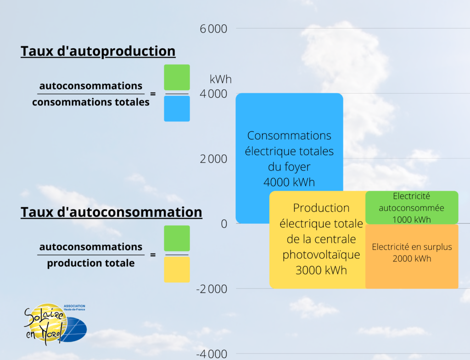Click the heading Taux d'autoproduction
(98, 51)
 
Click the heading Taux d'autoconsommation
(111, 212)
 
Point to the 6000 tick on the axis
(214, 29)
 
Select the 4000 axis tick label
(214, 94)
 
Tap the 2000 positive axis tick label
(214, 159)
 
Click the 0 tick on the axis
(224, 224)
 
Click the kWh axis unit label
(221, 79)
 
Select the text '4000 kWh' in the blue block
(289, 182)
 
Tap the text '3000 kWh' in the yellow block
(321, 270)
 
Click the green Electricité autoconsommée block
(412, 207)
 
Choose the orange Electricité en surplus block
(412, 256)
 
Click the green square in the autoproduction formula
(177, 78)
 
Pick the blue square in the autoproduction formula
(177, 109)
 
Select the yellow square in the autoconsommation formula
(177, 269)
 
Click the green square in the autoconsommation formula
(177, 238)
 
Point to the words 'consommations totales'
(91, 102)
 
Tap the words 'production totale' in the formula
(91, 263)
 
